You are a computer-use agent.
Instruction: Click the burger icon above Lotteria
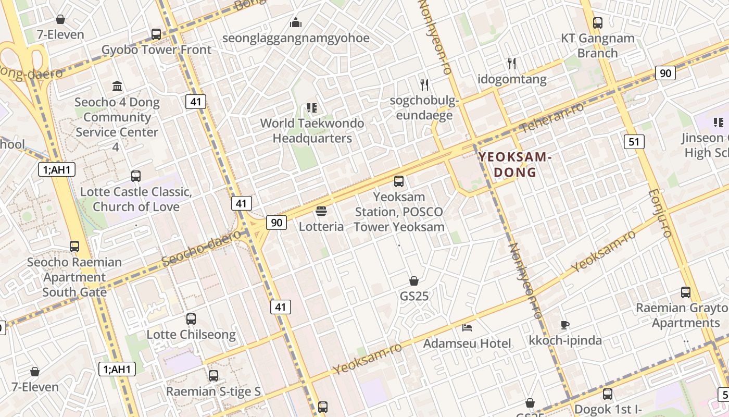321,211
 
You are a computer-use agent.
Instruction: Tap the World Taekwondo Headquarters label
312,131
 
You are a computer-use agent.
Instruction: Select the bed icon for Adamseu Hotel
467,328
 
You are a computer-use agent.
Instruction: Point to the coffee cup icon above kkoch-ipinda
565,325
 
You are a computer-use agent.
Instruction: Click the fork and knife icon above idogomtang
512,64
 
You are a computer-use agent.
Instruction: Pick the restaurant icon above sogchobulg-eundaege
424,84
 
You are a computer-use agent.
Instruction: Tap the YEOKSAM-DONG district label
514,164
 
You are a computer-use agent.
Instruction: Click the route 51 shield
634,141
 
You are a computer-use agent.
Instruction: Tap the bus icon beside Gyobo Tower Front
156,34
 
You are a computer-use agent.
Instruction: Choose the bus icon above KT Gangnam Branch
598,23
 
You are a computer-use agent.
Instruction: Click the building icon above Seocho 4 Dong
117,86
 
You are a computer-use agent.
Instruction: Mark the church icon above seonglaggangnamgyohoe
296,22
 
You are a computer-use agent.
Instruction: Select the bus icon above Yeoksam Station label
399,181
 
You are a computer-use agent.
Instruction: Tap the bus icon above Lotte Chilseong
191,318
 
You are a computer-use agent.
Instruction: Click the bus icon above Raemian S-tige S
213,375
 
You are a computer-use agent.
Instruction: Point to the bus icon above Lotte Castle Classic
136,176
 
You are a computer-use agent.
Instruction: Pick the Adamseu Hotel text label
467,344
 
